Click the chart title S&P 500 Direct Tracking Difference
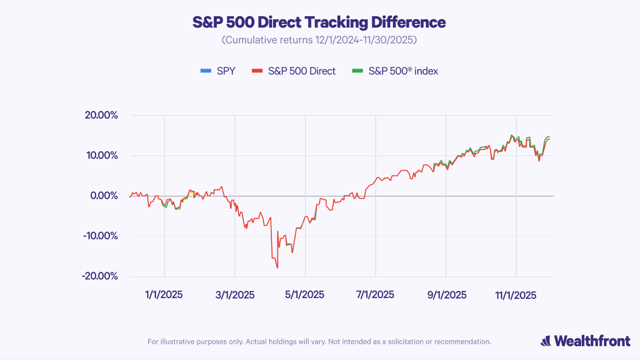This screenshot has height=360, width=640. [319, 23]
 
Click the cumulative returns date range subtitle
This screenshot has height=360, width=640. [319, 41]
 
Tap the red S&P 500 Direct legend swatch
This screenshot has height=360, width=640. [258, 71]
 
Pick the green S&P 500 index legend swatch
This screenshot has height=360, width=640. [358, 71]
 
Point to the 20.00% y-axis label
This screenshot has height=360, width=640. [101, 115]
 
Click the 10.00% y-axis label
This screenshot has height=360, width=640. [101, 155]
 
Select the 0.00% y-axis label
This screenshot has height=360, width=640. [103, 196]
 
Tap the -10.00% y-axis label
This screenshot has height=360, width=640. [100, 236]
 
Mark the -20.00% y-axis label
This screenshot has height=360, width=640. [100, 276]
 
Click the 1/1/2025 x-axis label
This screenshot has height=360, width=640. [163, 295]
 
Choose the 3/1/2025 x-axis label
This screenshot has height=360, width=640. [235, 295]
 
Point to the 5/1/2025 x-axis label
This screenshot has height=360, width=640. [304, 295]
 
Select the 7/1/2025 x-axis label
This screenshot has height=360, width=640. [375, 295]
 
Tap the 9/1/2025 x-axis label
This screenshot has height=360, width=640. [446, 295]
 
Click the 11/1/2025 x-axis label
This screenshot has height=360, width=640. [516, 295]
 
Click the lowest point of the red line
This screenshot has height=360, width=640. [277, 268]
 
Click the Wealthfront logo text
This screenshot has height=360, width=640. [591, 341]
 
